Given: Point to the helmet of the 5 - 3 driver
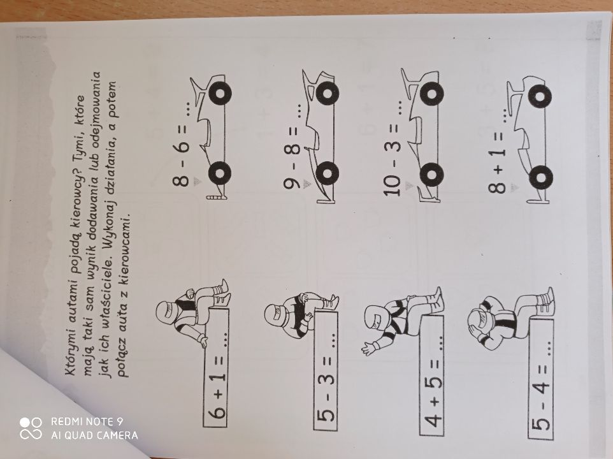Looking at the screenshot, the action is [277, 314].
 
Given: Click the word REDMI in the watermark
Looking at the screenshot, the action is [68, 421].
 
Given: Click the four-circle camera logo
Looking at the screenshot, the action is [31, 428].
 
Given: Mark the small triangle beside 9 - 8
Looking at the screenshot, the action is [307, 184].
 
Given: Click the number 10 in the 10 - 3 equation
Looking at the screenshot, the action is [393, 184].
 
